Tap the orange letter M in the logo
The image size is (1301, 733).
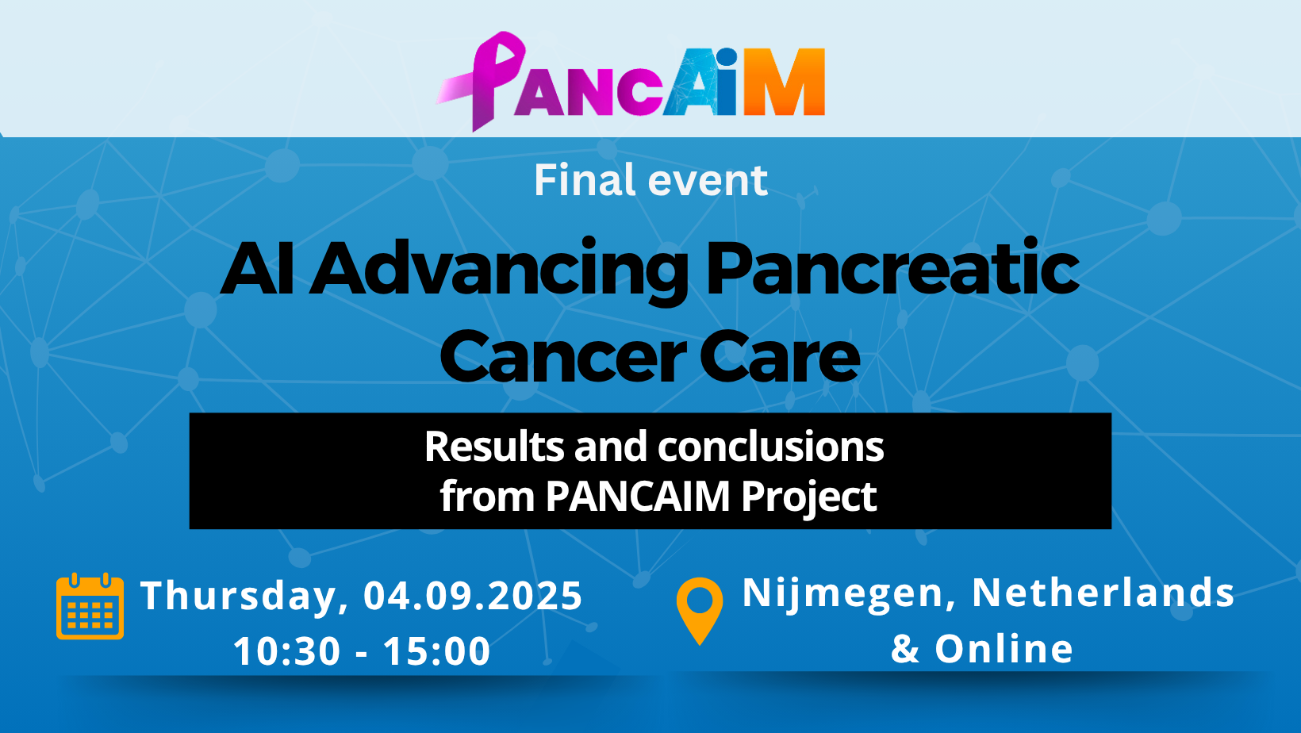[785, 82]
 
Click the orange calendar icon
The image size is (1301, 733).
[90, 606]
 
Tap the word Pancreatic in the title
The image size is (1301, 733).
[892, 268]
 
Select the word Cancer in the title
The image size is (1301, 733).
[562, 355]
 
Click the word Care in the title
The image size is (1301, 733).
[780, 355]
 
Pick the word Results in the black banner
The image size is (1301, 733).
[494, 446]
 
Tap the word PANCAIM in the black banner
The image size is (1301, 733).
[637, 496]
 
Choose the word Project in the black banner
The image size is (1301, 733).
[809, 498]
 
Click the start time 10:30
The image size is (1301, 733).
[287, 650]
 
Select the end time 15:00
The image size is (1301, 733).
[437, 650]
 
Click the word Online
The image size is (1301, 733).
[1004, 648]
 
